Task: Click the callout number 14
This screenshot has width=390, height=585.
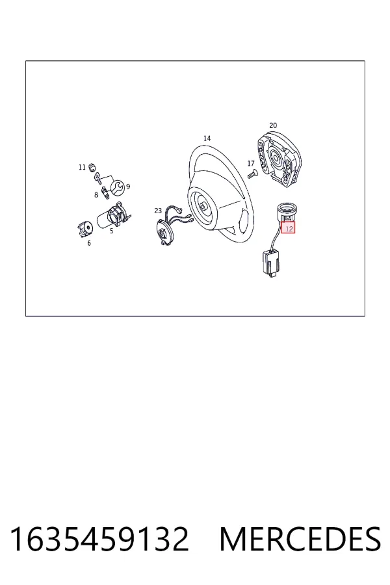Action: click(207, 138)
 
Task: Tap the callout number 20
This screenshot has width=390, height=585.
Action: click(273, 125)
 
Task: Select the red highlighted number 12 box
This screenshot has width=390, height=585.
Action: click(288, 227)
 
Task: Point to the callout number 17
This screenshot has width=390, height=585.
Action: click(251, 163)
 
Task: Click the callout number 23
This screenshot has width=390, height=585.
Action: click(158, 211)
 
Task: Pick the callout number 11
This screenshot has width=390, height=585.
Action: click(82, 167)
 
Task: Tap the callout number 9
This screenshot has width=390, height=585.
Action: click(128, 187)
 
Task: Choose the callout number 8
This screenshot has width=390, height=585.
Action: click(96, 195)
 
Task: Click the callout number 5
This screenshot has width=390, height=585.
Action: click(111, 231)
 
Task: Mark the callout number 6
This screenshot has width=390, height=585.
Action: click(89, 243)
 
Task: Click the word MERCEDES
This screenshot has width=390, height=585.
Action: click(300, 539)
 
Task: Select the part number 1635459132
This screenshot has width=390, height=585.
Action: click(99, 539)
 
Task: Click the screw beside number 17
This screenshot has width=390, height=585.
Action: click(252, 174)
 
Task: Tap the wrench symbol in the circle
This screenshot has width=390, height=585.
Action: click(116, 187)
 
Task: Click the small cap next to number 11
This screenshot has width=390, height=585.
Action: click(92, 166)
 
